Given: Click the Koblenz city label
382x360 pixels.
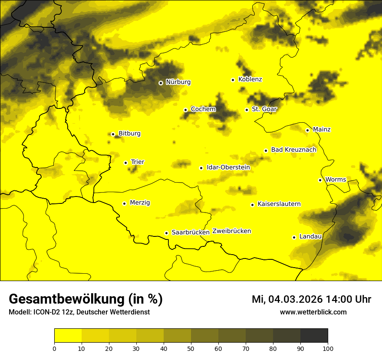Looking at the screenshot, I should pyautogui.click(x=250, y=79).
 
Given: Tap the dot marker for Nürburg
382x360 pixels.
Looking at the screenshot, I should pyautogui.click(x=161, y=82).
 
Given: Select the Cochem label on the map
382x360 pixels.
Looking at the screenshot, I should pyautogui.click(x=203, y=109).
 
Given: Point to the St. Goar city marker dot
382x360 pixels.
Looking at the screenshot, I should pyautogui.click(x=247, y=110).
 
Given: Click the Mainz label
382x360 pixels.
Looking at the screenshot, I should pyautogui.click(x=322, y=129).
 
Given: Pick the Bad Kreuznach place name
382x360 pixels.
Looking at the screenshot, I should pyautogui.click(x=293, y=150).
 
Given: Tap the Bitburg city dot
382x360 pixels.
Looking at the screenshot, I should pyautogui.click(x=113, y=134).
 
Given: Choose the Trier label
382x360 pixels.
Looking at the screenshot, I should pyautogui.click(x=138, y=162).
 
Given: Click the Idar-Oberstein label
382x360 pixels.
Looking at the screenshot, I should pyautogui.click(x=228, y=167).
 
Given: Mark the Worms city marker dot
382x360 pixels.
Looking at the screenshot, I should pyautogui.click(x=320, y=180).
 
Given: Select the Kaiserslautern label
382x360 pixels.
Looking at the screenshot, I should pyautogui.click(x=279, y=204).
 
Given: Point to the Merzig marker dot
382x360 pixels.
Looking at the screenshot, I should pyautogui.click(x=124, y=203).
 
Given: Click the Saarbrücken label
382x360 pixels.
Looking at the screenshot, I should pyautogui.click(x=191, y=232).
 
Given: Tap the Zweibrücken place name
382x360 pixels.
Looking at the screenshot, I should pyautogui.click(x=232, y=231).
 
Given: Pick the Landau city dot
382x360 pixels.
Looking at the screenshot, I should pyautogui.click(x=294, y=237).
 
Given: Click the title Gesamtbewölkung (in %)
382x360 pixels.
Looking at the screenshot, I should pyautogui.click(x=86, y=299).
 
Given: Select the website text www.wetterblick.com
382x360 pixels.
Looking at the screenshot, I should pyautogui.click(x=313, y=312).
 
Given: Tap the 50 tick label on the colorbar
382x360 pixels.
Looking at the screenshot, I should pyautogui.click(x=191, y=348).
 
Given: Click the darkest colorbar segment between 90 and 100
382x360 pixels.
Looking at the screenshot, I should pyautogui.click(x=314, y=336).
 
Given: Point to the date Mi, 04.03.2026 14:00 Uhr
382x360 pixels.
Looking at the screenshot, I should pyautogui.click(x=311, y=299).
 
